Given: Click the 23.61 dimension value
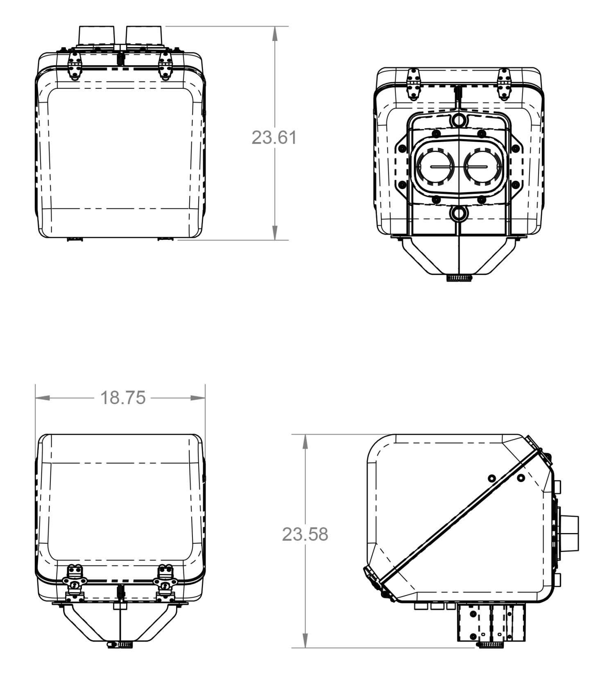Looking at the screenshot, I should point(274,137).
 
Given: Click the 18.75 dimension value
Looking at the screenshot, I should point(123,398).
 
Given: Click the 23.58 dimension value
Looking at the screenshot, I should point(305,534).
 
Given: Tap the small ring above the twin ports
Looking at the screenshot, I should point(459,120).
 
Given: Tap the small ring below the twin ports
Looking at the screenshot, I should point(459,214).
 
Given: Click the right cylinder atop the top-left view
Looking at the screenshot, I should point(145,36).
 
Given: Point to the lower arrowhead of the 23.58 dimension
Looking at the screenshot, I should point(305,640).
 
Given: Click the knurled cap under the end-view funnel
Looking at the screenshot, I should point(459,278).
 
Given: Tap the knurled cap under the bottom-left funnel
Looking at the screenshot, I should point(120,645).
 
